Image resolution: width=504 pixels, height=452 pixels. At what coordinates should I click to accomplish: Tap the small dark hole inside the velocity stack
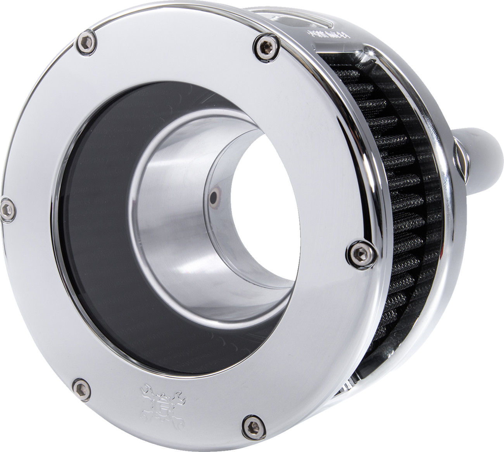tap(212, 199)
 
